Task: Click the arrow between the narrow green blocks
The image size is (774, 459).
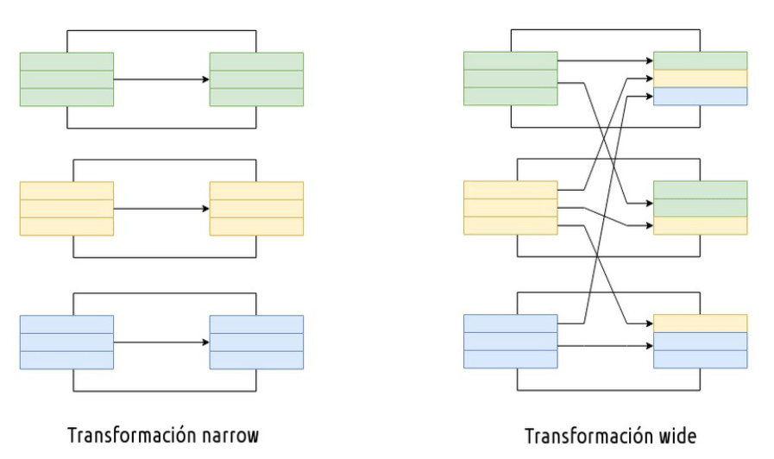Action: click(161, 79)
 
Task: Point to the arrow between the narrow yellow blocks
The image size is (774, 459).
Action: click(161, 209)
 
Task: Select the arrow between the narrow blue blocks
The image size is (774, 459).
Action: click(161, 342)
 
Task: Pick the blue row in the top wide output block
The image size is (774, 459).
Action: click(701, 97)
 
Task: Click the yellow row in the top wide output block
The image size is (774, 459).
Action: click(701, 79)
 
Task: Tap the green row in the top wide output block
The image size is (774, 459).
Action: click(701, 60)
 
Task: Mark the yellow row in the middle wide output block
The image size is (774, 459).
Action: click(701, 226)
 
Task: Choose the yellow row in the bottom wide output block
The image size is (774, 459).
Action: click(701, 324)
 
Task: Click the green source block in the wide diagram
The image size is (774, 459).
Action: click(510, 79)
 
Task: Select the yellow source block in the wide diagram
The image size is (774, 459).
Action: click(510, 208)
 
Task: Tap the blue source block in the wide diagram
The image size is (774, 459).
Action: click(510, 342)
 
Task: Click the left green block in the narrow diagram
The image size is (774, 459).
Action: click(66, 79)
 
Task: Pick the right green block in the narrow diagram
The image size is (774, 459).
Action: click(256, 79)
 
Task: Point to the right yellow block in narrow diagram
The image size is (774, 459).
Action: click(256, 209)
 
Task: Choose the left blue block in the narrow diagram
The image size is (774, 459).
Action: click(66, 342)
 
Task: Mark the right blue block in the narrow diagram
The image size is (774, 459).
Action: click(256, 342)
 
